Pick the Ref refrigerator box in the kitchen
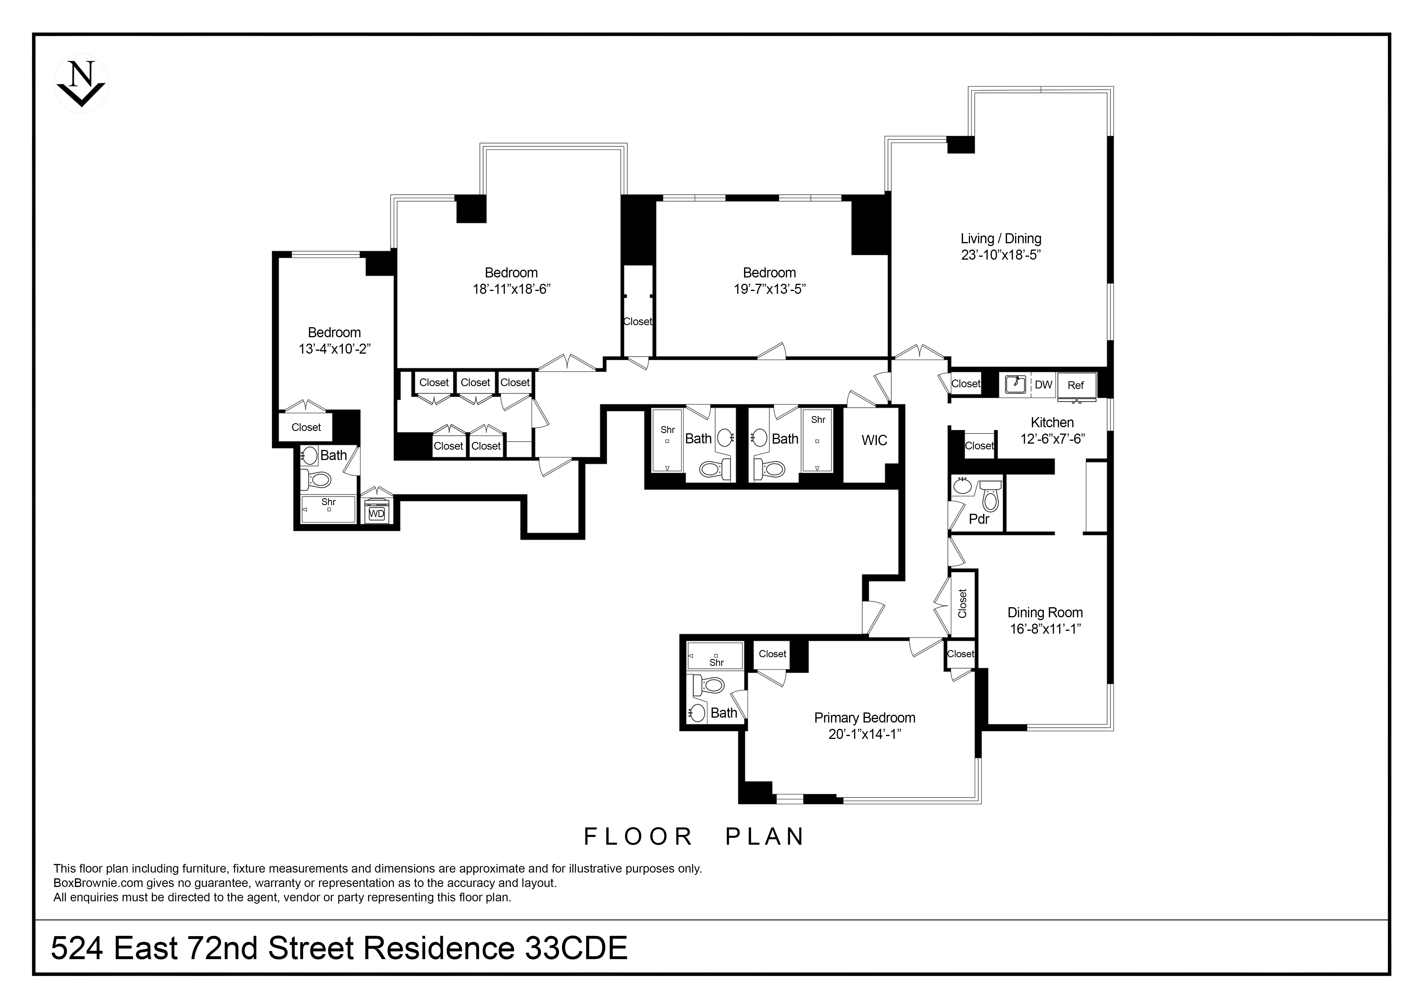coord(1076,386)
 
